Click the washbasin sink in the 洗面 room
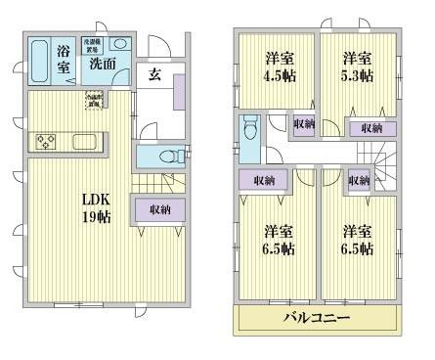pos(119,44)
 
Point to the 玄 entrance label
pos(156,73)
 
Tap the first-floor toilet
pos(168,156)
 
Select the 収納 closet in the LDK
pos(160,210)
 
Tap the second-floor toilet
pos(249,129)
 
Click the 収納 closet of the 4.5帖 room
pos(303,124)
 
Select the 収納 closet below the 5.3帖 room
pos(370,128)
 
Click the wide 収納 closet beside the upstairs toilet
pos(264,180)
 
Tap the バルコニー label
pos(316,319)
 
